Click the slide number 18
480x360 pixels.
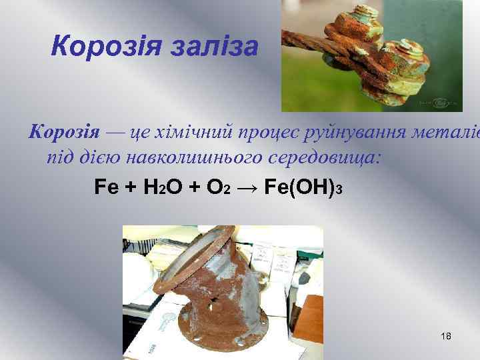click(446, 335)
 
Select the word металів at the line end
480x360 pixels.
click(453, 131)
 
